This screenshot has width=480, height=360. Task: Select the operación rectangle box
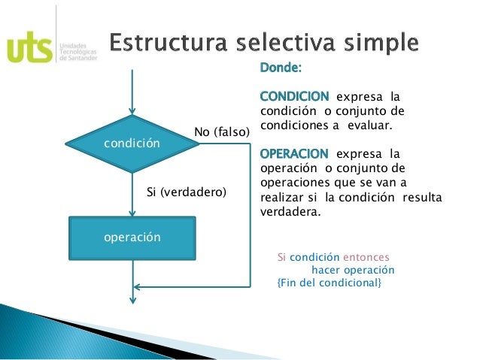(x=132, y=237)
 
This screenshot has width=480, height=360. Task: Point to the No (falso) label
(x=221, y=132)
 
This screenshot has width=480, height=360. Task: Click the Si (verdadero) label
(x=186, y=192)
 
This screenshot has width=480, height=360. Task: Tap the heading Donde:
(x=281, y=69)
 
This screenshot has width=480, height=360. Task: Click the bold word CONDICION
(x=294, y=97)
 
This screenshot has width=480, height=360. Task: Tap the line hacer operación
(x=353, y=269)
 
